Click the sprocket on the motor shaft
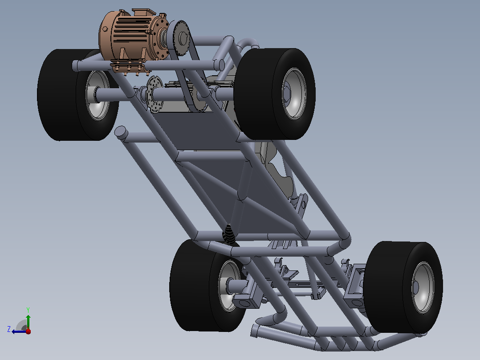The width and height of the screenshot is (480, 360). [181, 38]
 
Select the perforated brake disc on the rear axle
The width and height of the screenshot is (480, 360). [155, 94]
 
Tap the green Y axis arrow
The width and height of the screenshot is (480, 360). [28, 322]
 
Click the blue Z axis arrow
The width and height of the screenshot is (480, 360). [19, 331]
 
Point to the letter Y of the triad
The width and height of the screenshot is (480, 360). [28, 310]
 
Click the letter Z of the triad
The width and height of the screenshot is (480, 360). [9, 329]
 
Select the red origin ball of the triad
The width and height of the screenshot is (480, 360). [28, 331]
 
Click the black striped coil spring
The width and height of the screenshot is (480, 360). [230, 234]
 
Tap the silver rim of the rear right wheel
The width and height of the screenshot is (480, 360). [294, 94]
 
